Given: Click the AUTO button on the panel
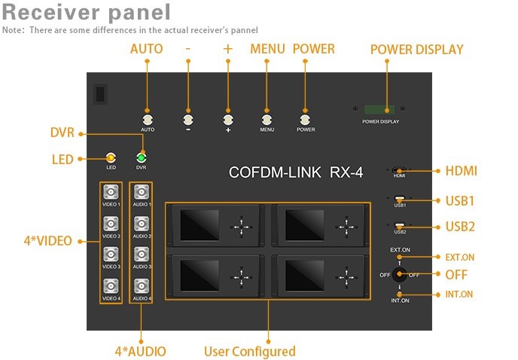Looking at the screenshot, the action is pyautogui.click(x=148, y=119).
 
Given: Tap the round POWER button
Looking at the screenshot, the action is pyautogui.click(x=305, y=119).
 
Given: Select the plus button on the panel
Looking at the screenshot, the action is pyautogui.click(x=228, y=119).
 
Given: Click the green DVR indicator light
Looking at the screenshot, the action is pyautogui.click(x=142, y=157).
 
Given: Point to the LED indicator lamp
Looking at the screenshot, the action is pyautogui.click(x=111, y=157).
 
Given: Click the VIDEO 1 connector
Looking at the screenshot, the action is pyautogui.click(x=111, y=192).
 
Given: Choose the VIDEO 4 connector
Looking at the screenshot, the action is pyautogui.click(x=111, y=286).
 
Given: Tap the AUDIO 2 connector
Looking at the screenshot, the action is pyautogui.click(x=142, y=224).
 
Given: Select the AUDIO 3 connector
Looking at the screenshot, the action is pyautogui.click(x=142, y=255).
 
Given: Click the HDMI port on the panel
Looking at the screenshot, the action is pyautogui.click(x=399, y=170).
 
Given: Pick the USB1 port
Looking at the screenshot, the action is pyautogui.click(x=399, y=199).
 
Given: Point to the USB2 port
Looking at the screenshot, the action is pyautogui.click(x=399, y=226).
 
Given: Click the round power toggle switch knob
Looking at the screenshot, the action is pyautogui.click(x=399, y=274).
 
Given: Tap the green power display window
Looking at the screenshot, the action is pyautogui.click(x=379, y=109).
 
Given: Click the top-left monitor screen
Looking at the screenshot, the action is pyautogui.click(x=200, y=224).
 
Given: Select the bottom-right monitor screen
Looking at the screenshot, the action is pyautogui.click(x=305, y=276).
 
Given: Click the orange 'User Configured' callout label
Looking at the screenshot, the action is pyautogui.click(x=250, y=352).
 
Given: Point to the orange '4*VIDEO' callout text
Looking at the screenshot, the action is pyautogui.click(x=48, y=241).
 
